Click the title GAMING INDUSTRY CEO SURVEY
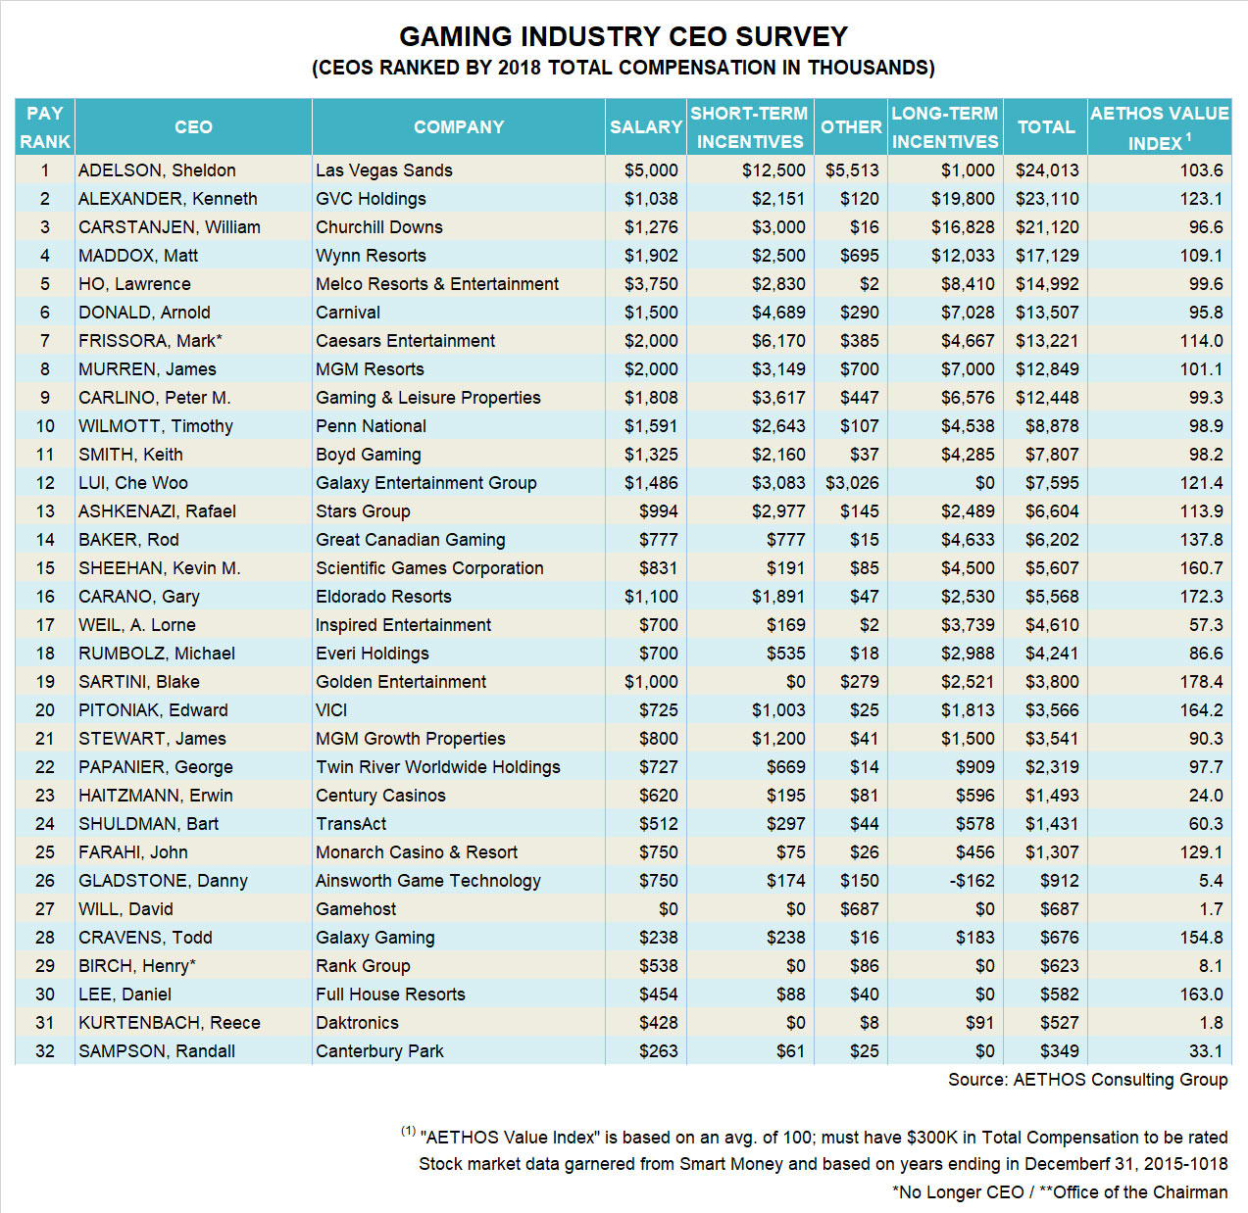[624, 37]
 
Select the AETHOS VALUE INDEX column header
[1159, 127]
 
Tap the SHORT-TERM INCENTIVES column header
[749, 127]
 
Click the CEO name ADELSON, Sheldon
[157, 170]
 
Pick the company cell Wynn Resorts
[371, 256]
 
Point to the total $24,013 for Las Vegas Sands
[1046, 170]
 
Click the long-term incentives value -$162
[972, 881]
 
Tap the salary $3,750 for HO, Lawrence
[651, 284]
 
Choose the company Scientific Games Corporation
[429, 568]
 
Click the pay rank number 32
[45, 1051]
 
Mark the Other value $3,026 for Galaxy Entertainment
[852, 483]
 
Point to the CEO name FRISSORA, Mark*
[150, 341]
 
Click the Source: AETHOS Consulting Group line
[1087, 1080]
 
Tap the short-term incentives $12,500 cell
[774, 170]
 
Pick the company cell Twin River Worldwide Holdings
[438, 767]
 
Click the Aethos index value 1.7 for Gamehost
[1211, 909]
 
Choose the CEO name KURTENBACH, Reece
[170, 1023]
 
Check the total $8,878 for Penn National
[1052, 426]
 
